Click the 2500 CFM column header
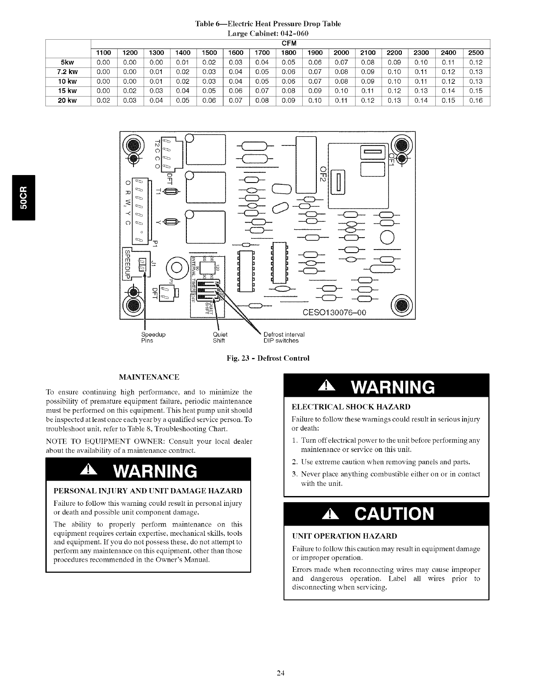coord(476,53)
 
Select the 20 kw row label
coord(67,101)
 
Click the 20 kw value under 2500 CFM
coord(476,101)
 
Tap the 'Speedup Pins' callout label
coord(153,337)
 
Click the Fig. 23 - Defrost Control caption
coord(268,358)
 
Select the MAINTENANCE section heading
coord(149,377)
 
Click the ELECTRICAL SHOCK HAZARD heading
coord(351,407)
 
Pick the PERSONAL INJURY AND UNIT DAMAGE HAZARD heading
coord(148,491)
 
